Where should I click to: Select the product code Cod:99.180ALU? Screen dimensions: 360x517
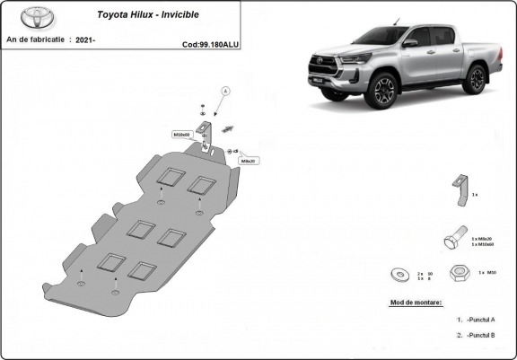pos(209,43)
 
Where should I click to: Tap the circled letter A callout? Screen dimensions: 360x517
pos(226,91)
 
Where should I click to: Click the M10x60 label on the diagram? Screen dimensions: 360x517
pos(181,134)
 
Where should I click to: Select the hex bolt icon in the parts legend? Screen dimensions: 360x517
pos(454,239)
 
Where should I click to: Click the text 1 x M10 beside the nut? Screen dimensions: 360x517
pos(487,272)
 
